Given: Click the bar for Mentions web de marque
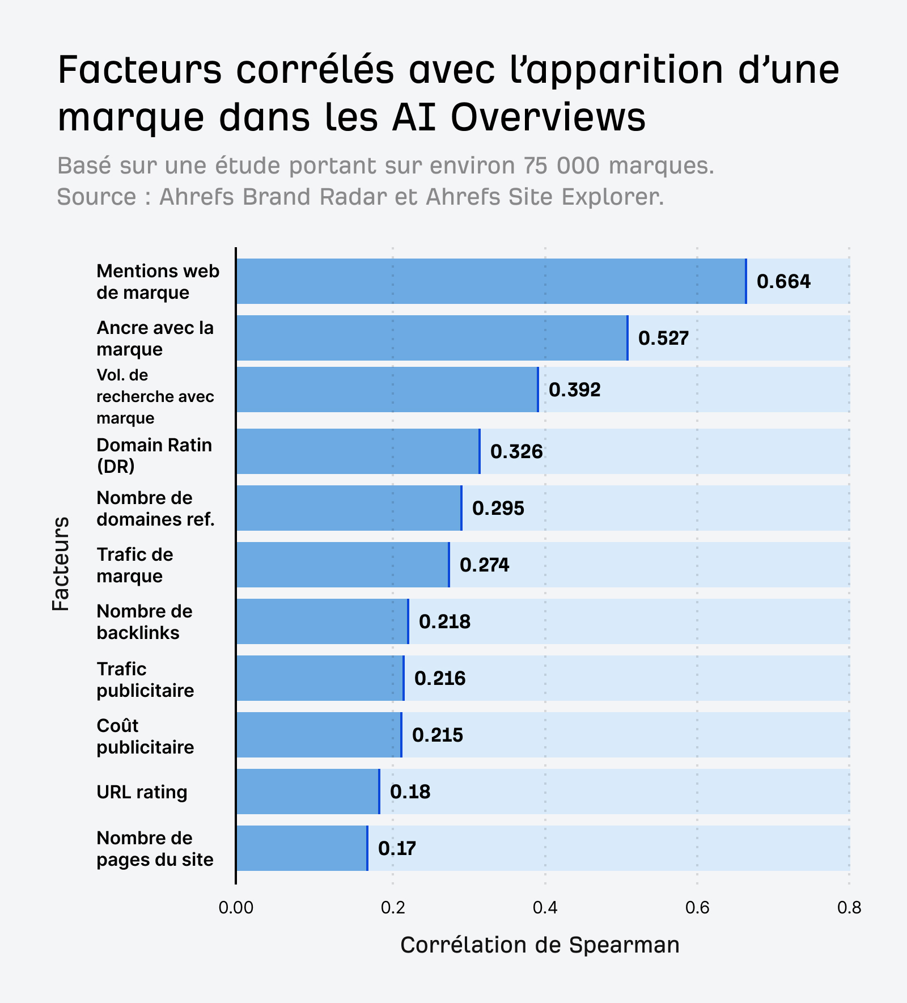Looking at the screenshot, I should click(x=490, y=281).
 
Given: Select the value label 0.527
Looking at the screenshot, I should click(x=663, y=338).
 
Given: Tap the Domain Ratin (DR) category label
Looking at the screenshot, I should click(x=154, y=455).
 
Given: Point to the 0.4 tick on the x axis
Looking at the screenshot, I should click(x=545, y=908).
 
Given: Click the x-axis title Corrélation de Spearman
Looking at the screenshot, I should click(x=540, y=945).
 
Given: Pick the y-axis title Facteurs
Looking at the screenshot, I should click(x=61, y=563).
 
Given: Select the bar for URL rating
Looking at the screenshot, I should click(x=307, y=792).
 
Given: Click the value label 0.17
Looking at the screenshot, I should click(x=397, y=848).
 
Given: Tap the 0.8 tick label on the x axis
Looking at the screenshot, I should click(x=849, y=908).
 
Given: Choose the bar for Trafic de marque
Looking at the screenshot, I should click(x=342, y=565).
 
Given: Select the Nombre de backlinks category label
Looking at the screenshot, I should click(x=145, y=622).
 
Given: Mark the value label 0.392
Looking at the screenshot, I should click(x=574, y=390).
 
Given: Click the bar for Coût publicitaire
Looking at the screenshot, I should click(x=319, y=735).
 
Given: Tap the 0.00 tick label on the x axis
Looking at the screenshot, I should click(x=236, y=908).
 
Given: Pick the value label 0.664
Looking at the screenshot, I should click(x=783, y=281).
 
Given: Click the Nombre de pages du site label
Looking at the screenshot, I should click(x=155, y=849).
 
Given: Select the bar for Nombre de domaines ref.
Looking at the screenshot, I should click(x=349, y=508).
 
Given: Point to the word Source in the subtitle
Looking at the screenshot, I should click(x=96, y=197).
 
